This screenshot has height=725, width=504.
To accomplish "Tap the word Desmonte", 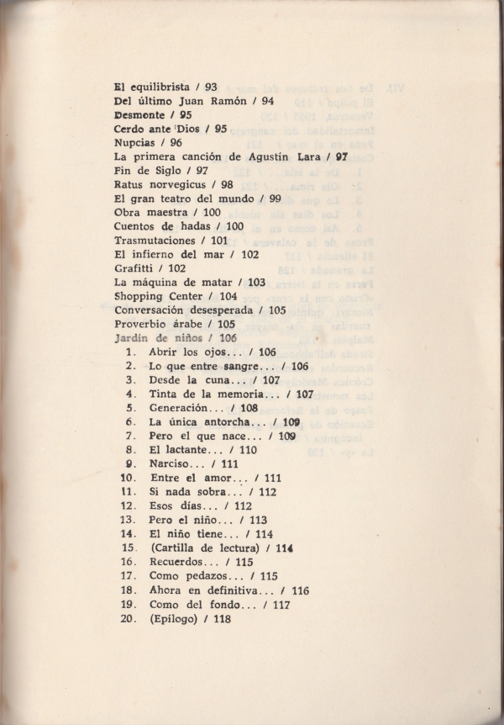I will tap(140, 114).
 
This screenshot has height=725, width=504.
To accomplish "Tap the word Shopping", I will tap(141, 296).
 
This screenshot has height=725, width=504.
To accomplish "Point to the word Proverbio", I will tap(144, 324).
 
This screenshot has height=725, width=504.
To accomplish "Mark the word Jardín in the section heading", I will tap(131, 338).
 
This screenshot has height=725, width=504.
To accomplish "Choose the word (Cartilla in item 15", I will tap(174, 548).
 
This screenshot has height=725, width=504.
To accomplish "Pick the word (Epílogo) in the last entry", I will tap(175, 618).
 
